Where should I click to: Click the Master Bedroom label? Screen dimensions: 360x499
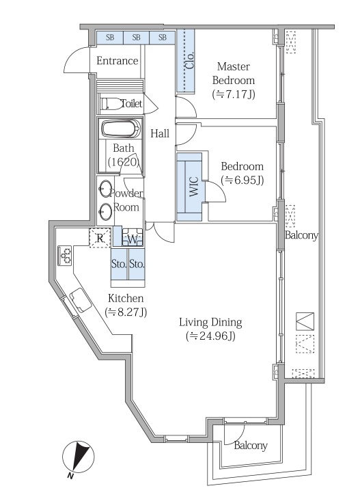pos(234,73)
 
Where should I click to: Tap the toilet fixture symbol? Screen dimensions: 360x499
pos(112,104)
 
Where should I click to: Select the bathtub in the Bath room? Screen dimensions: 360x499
pos(120,129)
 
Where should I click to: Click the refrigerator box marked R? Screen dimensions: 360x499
pos(100,238)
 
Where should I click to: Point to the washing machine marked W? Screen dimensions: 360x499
pos(133,237)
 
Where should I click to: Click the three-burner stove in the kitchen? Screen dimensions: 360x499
pos(65,255)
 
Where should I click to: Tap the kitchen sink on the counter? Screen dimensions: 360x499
pos(80,300)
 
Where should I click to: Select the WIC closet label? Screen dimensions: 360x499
pos(194,187)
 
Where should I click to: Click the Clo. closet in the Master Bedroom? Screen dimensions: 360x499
pos(185,61)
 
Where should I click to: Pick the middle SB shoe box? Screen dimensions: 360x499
pos(136,38)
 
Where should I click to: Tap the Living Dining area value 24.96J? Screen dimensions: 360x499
pos(211,336)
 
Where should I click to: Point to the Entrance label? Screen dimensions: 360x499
pos(117,61)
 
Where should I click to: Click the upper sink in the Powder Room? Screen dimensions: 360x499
pos(105,189)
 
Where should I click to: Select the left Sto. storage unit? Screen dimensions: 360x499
pos(120,264)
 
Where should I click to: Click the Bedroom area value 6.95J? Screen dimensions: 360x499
pos(243,180)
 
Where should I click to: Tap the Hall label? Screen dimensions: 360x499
pos(160,133)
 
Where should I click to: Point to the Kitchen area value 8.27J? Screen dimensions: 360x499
pos(126,312)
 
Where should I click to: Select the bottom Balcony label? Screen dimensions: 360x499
pos(251,446)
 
